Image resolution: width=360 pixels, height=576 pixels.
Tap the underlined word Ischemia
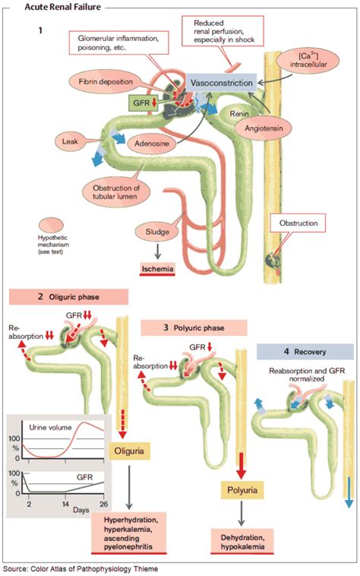pos(156,267)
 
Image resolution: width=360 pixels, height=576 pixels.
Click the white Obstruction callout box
pos(291,224)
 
